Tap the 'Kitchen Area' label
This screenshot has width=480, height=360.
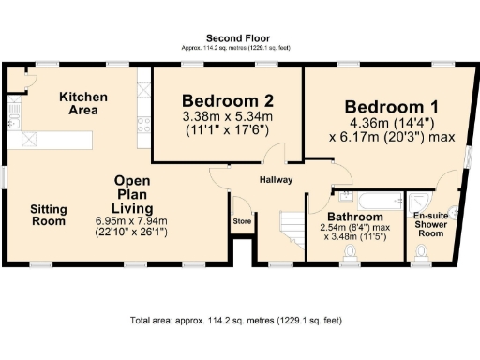tap(83, 104)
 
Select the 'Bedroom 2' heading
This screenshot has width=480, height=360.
tap(228, 101)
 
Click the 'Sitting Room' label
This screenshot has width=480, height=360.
tap(48, 215)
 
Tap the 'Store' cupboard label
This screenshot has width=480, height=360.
tap(242, 221)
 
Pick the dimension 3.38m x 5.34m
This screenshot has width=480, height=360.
tap(228, 117)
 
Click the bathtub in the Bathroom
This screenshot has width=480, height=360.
tap(369, 200)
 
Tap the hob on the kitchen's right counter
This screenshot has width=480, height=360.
tap(142, 118)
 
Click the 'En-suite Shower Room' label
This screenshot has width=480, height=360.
tap(431, 225)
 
